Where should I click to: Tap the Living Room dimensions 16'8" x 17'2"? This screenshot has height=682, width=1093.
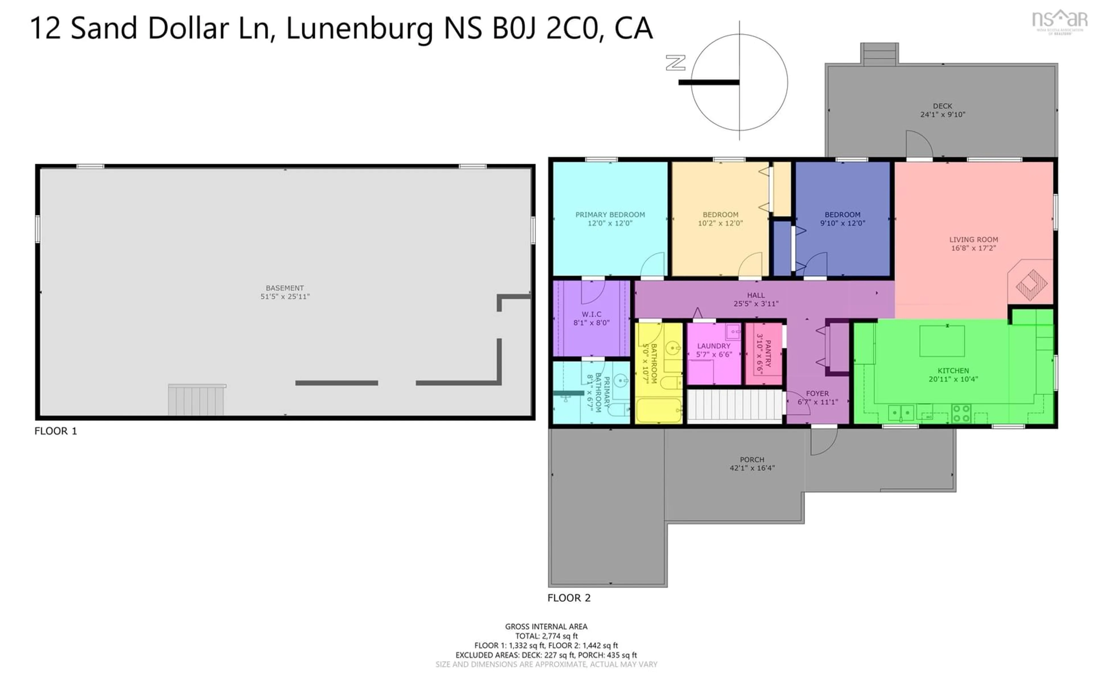pos(973,248)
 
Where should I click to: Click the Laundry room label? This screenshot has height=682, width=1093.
pos(714,346)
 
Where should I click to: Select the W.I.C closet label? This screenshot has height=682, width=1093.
pos(591,314)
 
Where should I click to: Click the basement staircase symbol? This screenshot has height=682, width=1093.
pos(196,400)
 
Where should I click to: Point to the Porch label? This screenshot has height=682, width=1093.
pos(752,460)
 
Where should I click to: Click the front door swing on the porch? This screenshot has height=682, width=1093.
pos(823,441)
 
